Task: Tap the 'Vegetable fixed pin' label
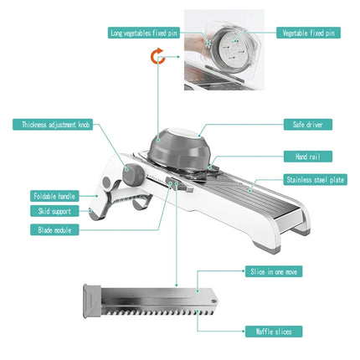[x=309, y=33]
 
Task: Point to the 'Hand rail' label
[x=308, y=156]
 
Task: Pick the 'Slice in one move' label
[x=270, y=271]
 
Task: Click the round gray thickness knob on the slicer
[x=132, y=175]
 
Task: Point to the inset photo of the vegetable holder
[x=224, y=49]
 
